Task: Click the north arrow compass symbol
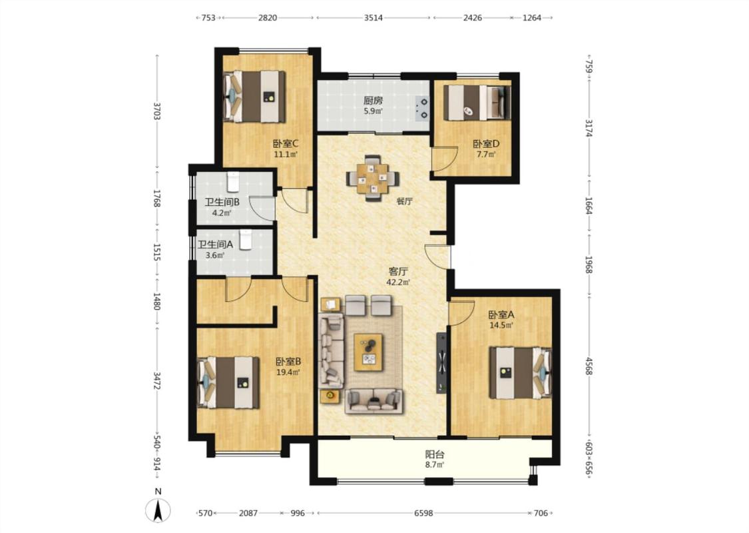click(x=158, y=510)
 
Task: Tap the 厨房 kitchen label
click(x=373, y=101)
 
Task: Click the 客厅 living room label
click(x=398, y=272)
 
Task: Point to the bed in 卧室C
click(x=255, y=97)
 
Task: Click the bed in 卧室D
click(x=477, y=103)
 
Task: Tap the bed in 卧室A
click(x=521, y=373)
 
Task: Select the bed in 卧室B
click(x=229, y=382)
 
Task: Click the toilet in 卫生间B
click(x=233, y=181)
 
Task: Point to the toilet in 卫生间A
click(x=245, y=240)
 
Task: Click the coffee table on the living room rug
click(x=368, y=352)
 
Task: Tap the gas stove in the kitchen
click(x=423, y=108)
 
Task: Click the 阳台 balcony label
click(x=435, y=454)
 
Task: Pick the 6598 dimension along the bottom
click(x=423, y=513)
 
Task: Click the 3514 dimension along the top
click(x=373, y=18)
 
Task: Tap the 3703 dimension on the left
click(x=156, y=111)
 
